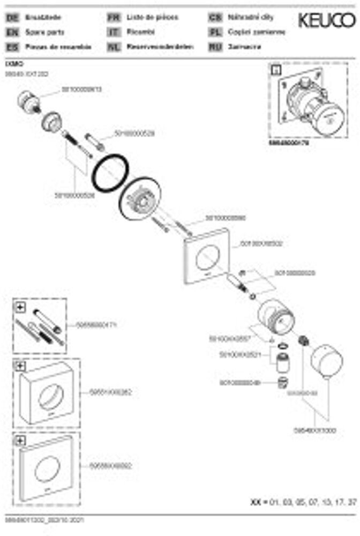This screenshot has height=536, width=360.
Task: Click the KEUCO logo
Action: (x=326, y=21)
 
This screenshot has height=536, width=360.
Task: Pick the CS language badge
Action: (x=215, y=18)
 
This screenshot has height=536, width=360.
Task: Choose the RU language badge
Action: (x=215, y=47)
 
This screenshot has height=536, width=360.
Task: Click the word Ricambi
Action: (x=138, y=32)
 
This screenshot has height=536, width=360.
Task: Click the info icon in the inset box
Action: (x=276, y=69)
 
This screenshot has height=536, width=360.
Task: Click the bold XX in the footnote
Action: (x=256, y=502)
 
